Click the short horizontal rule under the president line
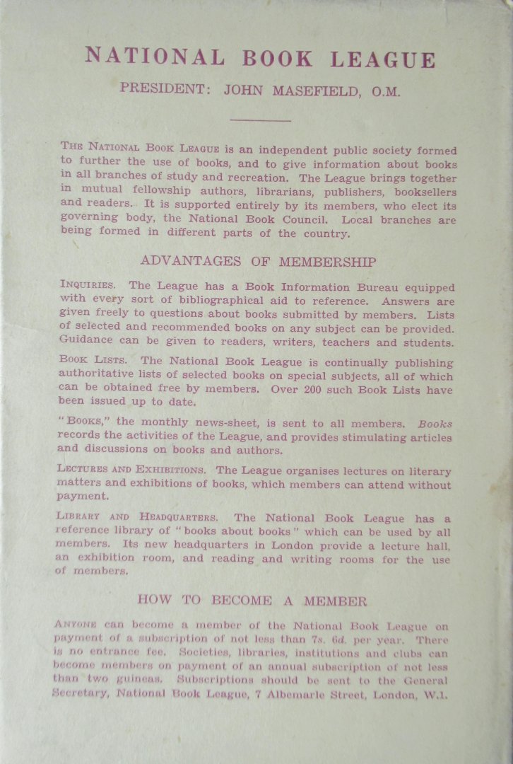coord(259,120)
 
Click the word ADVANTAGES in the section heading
coord(183,261)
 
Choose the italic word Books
coord(435,424)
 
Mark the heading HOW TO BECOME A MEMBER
coord(252,601)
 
